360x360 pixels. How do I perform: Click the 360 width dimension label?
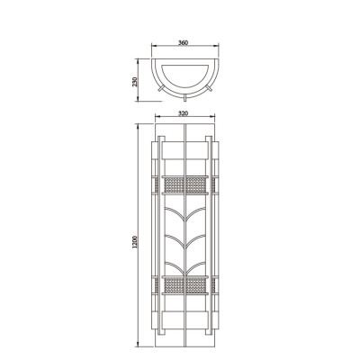coord(183,42)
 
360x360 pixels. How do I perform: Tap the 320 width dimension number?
coord(183,114)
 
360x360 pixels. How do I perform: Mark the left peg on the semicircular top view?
coord(157,88)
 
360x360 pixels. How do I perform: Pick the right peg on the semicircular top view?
coord(209,88)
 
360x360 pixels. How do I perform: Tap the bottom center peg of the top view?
coord(183,96)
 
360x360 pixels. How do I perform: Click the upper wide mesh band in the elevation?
coord(184,185)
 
